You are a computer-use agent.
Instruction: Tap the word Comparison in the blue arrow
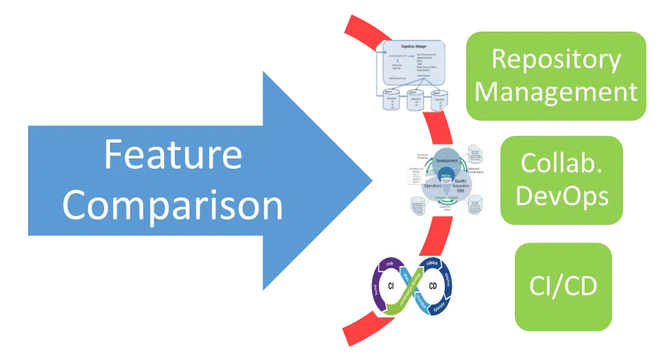point(173,204)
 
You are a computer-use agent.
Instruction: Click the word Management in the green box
point(556,91)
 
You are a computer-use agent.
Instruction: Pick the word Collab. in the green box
point(562,163)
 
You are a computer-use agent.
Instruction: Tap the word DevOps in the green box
point(562,196)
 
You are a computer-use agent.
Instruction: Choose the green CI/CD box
point(562,286)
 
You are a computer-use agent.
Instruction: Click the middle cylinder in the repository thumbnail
point(415,100)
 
